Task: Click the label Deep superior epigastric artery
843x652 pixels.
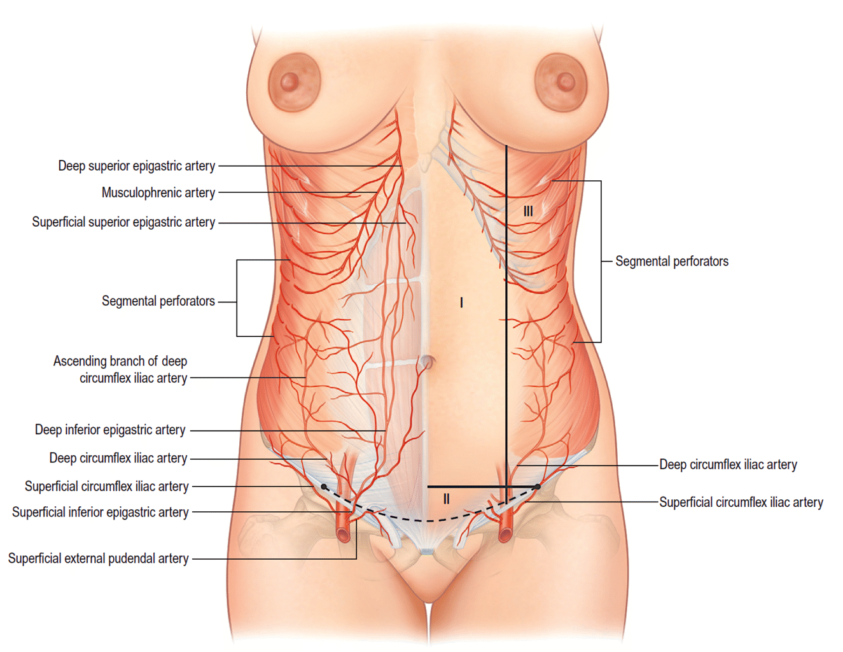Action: pos(137,166)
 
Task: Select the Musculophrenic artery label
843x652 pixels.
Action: pos(158,192)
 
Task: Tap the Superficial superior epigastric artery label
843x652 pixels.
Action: pos(123,222)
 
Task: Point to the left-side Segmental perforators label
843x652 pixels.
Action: pos(158,301)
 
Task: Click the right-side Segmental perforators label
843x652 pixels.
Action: pos(672,261)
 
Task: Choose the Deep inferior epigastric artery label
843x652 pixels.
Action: pos(110,430)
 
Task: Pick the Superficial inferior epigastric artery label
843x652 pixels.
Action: pos(100,512)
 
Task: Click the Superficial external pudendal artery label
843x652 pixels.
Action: pos(98,558)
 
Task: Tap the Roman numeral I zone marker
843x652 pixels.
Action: pos(461,302)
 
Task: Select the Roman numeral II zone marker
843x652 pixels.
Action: pos(447,499)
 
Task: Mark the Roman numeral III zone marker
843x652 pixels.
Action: pos(528,211)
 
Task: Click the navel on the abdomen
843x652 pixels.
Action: pos(426,362)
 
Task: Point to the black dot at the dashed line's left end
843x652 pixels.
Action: pos(324,486)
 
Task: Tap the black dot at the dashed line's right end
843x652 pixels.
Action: pos(538,486)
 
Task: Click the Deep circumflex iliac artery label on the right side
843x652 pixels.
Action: pos(728,465)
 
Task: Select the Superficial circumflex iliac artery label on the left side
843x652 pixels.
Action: pos(107,486)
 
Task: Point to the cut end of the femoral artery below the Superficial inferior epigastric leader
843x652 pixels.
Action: pos(344,535)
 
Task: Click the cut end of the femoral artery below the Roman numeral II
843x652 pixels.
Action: pos(505,535)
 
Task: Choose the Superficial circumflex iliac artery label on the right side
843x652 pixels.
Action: pos(741,502)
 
